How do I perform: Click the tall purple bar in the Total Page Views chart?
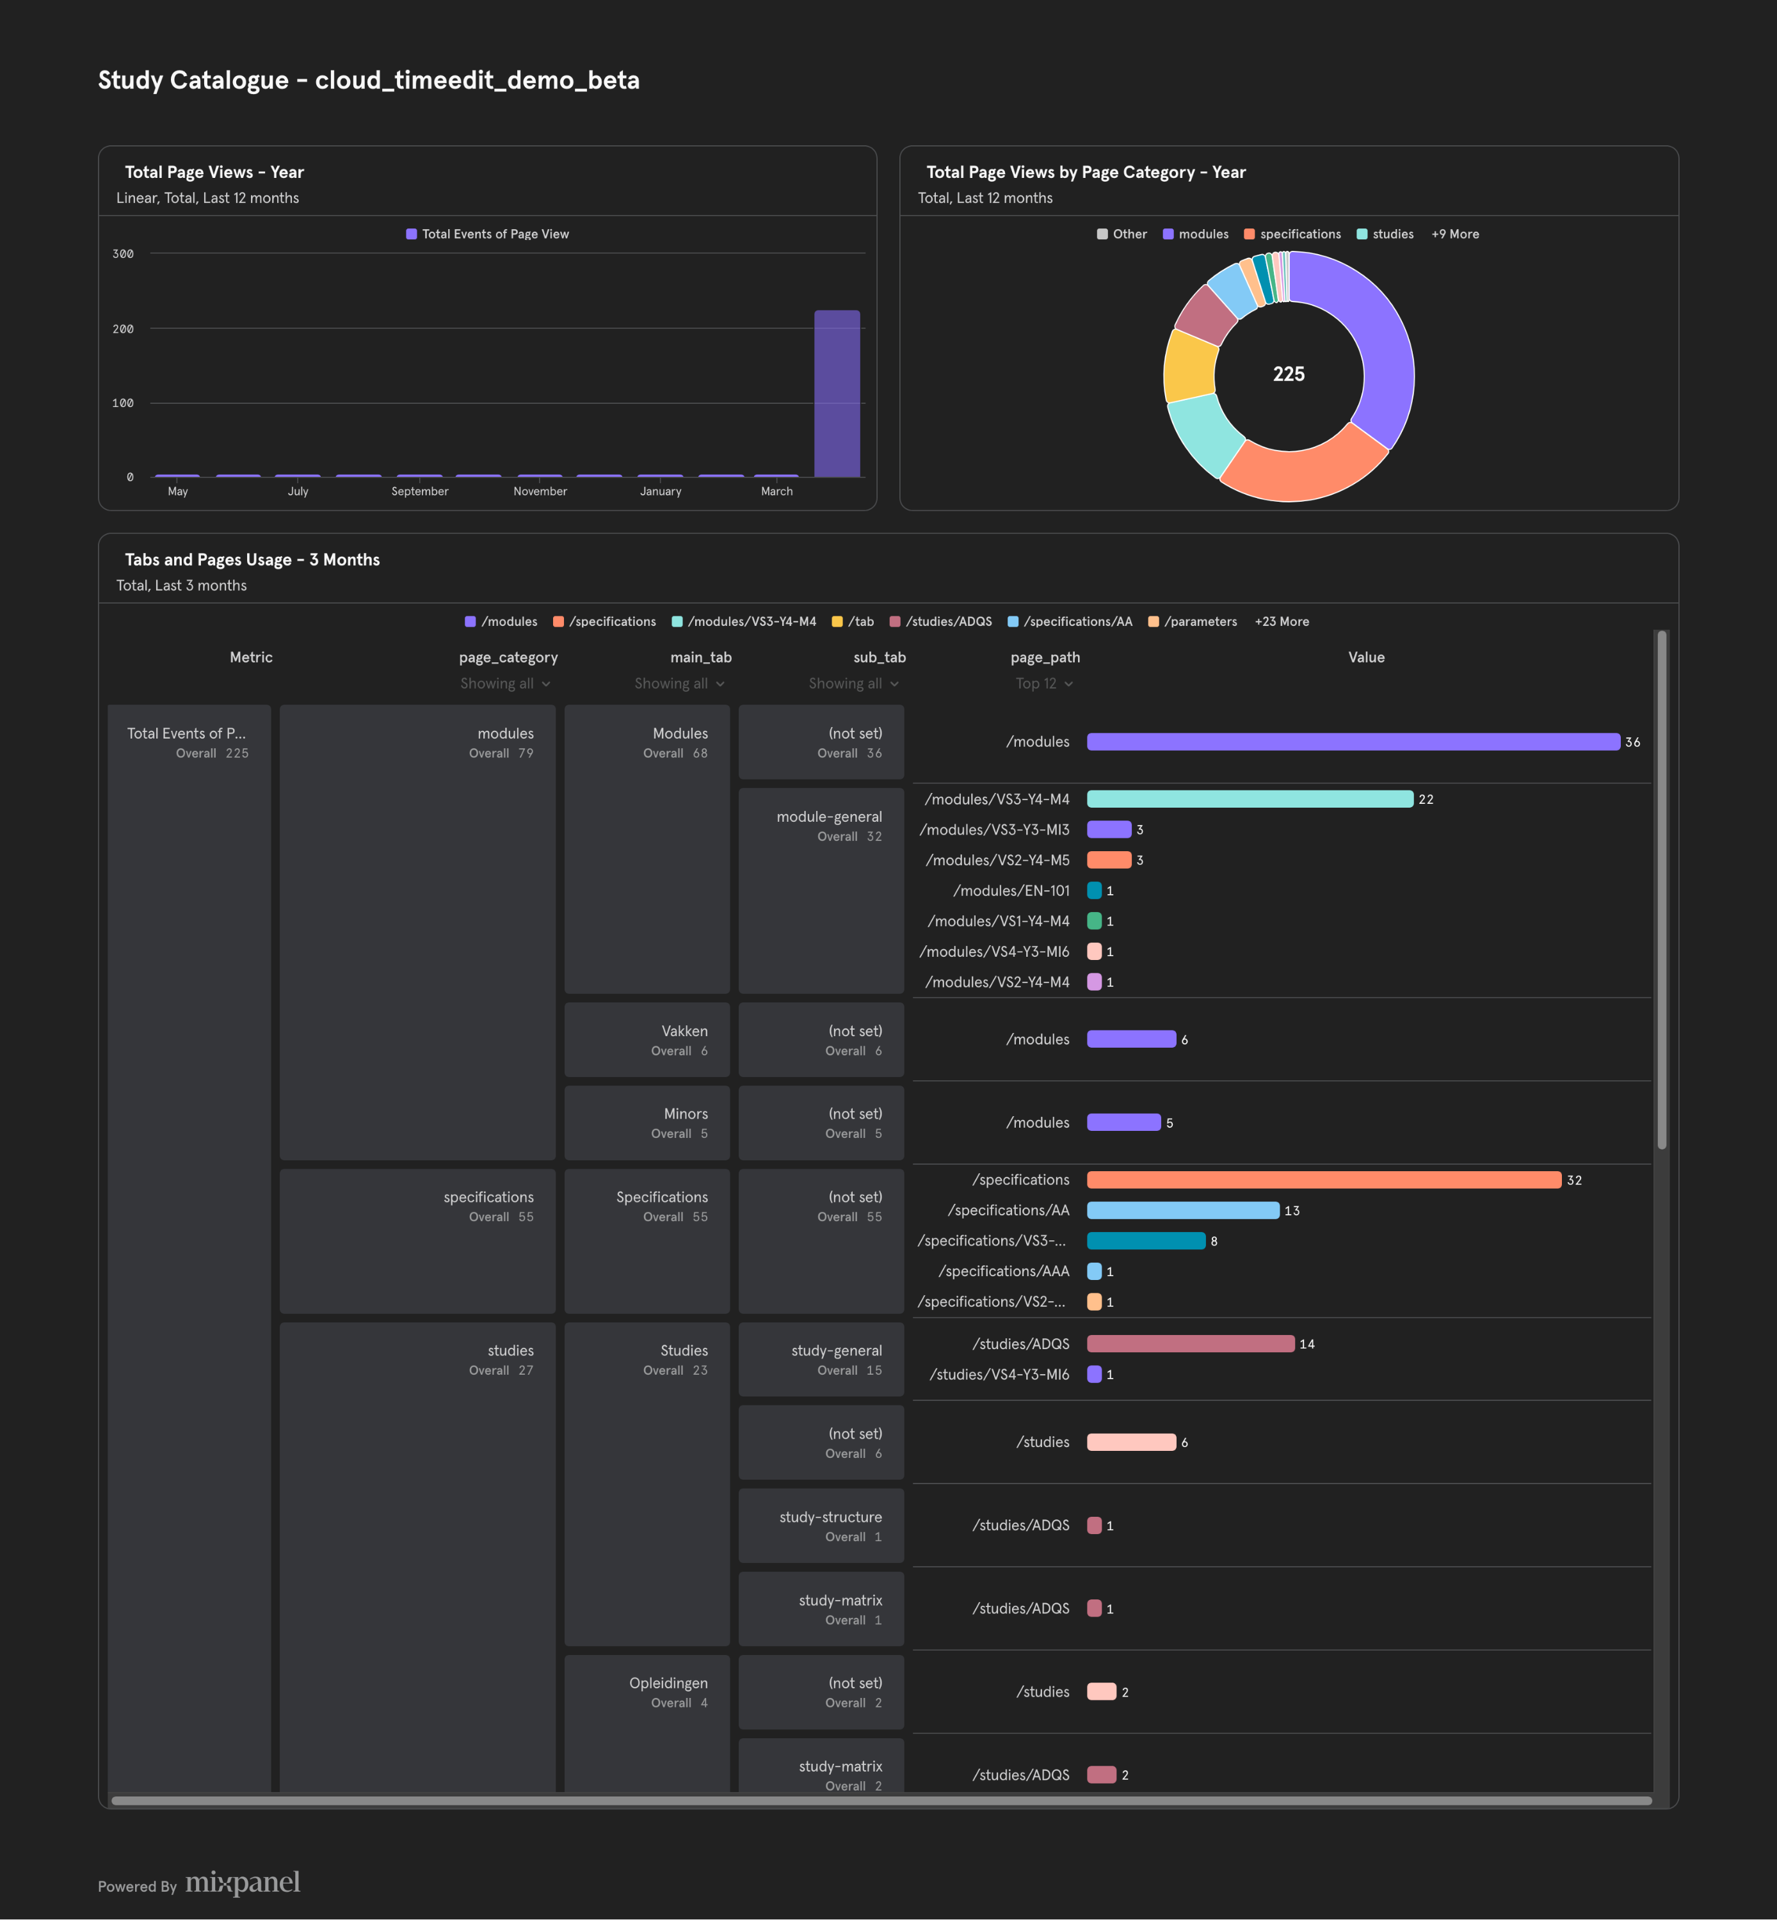click(837, 393)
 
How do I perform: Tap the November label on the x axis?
click(540, 492)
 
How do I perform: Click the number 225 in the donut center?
click(1289, 374)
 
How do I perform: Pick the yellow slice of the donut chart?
click(1189, 366)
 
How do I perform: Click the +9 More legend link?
click(1455, 234)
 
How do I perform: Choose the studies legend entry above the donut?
click(1385, 234)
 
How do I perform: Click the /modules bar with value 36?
click(1353, 741)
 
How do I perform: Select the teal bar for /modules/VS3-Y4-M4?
click(1250, 799)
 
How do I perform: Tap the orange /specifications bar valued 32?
click(1324, 1180)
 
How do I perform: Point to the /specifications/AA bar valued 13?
click(1183, 1210)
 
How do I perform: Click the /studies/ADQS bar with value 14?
click(1191, 1343)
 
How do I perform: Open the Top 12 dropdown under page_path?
click(1044, 684)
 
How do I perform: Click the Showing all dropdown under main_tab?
click(680, 684)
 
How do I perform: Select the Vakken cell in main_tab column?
click(647, 1039)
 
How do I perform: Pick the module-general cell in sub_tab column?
click(821, 890)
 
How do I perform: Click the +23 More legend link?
click(1282, 621)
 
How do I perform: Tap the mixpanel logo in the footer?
click(243, 1882)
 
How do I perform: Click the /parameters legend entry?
click(1193, 621)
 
